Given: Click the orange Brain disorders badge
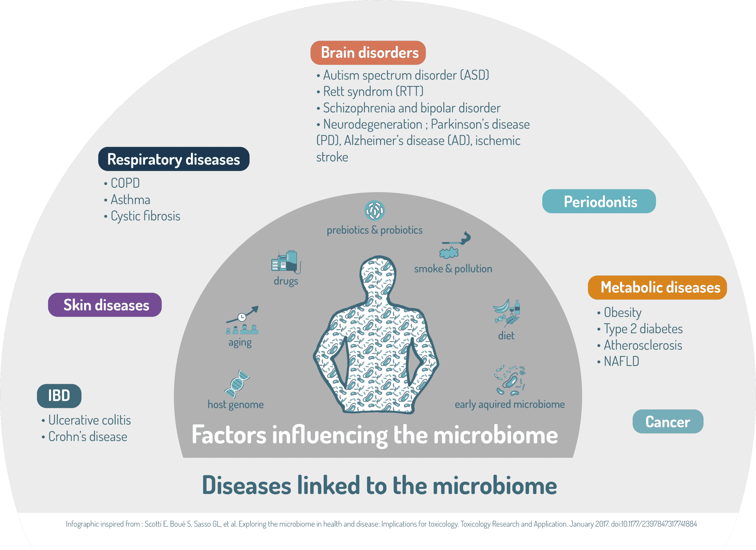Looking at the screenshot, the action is pyautogui.click(x=368, y=53).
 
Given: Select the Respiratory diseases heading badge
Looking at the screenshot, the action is pyautogui.click(x=174, y=159).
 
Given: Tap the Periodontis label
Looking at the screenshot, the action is pyautogui.click(x=599, y=201).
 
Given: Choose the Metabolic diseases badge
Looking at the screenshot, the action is pyautogui.click(x=657, y=287).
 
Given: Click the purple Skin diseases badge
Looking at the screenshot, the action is pyautogui.click(x=105, y=305).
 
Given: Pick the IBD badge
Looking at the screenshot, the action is pyautogui.click(x=59, y=396).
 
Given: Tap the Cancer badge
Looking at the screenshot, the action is pyautogui.click(x=668, y=421).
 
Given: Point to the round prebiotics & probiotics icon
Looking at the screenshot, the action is pyautogui.click(x=374, y=210).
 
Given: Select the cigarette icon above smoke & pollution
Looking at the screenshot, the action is pyautogui.click(x=456, y=239).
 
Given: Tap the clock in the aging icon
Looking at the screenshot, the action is pyautogui.click(x=242, y=317).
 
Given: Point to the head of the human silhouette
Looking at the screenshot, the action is pyautogui.click(x=378, y=273).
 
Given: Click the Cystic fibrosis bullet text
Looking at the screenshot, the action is pyautogui.click(x=142, y=216).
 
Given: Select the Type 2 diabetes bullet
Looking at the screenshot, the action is pyautogui.click(x=640, y=329).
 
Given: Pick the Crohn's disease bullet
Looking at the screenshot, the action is pyautogui.click(x=84, y=436).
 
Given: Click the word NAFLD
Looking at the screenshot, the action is pyautogui.click(x=621, y=361).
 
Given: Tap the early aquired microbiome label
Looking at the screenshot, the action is pyautogui.click(x=510, y=404).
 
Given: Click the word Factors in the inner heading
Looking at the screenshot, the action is pyautogui.click(x=229, y=435).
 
